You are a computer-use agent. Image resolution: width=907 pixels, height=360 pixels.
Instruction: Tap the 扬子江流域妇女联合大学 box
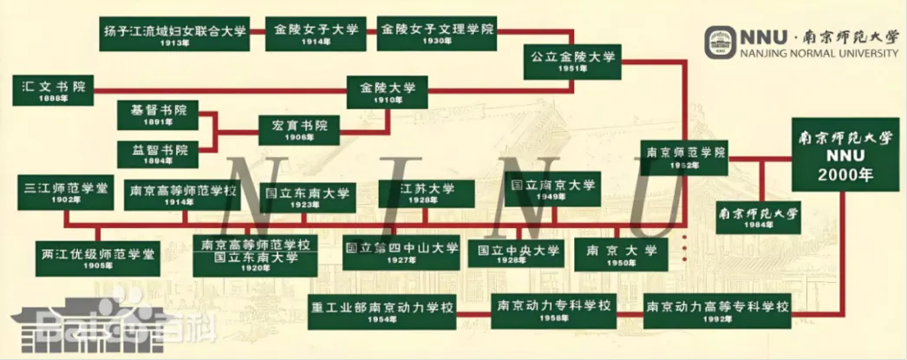(174, 35)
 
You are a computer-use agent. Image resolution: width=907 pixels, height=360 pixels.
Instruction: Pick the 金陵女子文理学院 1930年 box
(437, 34)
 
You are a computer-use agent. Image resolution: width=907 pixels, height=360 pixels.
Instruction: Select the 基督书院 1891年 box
(158, 115)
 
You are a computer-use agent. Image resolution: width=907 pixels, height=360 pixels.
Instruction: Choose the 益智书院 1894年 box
(158, 154)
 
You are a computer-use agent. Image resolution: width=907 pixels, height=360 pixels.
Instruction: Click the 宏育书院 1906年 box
(298, 130)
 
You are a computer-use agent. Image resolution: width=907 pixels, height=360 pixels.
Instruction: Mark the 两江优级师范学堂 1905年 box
(97, 259)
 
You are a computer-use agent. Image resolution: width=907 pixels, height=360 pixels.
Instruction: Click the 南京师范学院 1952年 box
(685, 157)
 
